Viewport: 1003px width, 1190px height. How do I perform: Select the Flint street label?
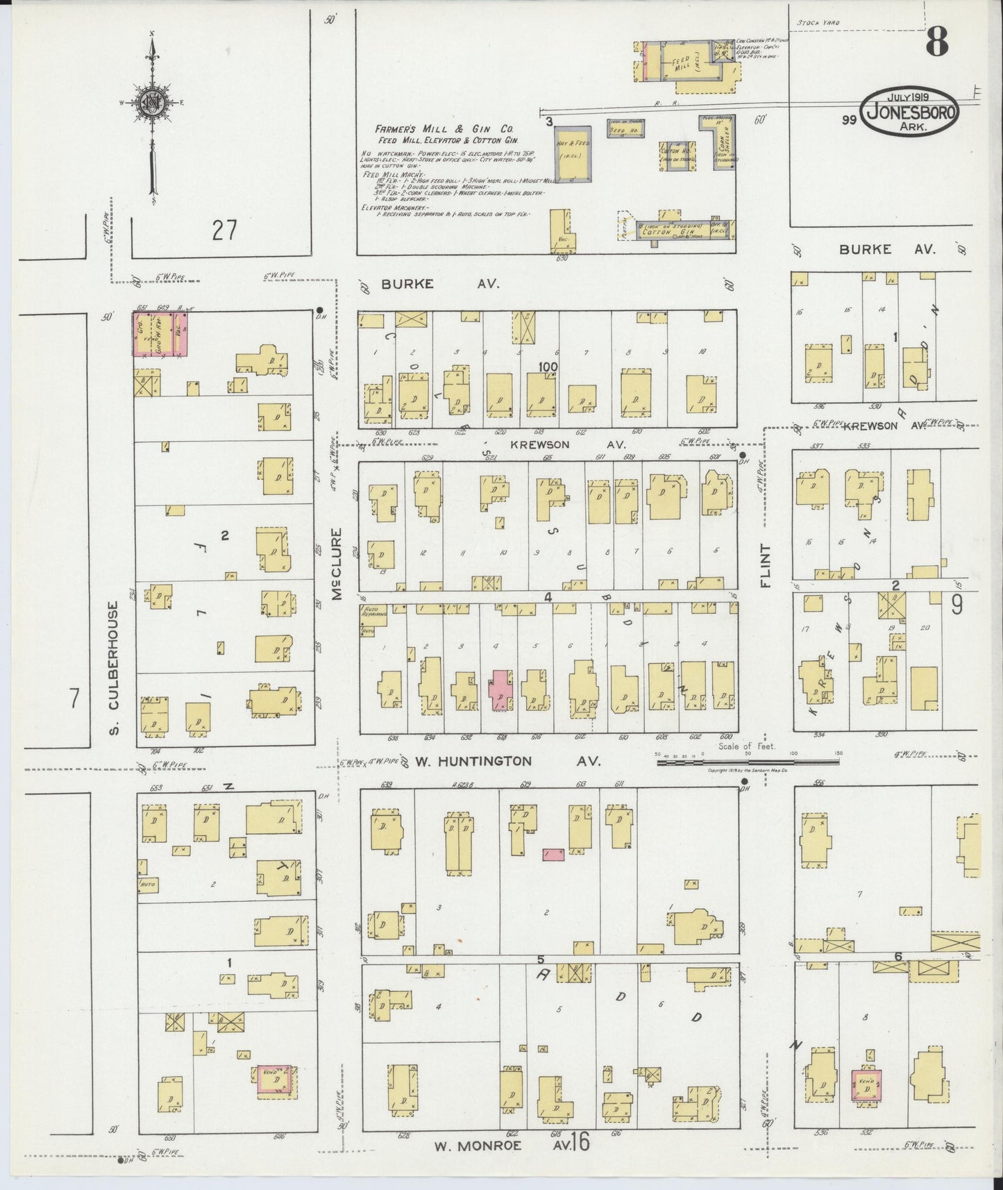coord(766,565)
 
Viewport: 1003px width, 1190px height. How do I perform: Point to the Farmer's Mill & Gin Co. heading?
coord(444,129)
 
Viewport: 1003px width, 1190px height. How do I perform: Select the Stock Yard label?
coord(818,23)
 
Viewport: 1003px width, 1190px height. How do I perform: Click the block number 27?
coord(224,230)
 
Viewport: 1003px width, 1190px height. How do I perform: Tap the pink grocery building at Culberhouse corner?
coord(160,334)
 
